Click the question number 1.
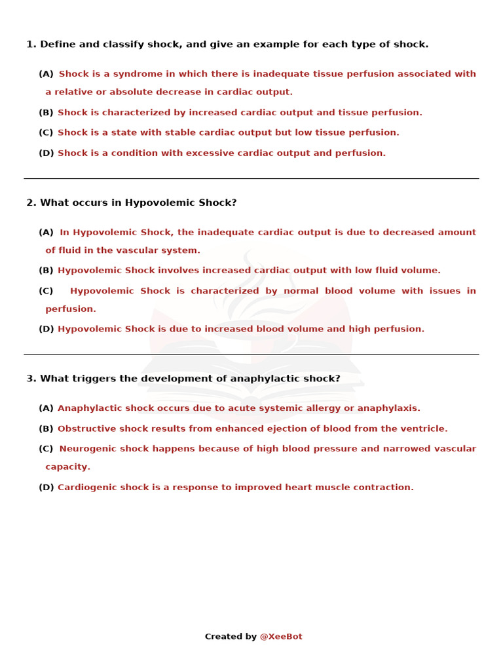coord(31,45)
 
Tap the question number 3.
coord(31,379)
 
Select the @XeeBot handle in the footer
coord(281,637)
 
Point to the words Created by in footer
coord(231,637)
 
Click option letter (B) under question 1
coord(46,113)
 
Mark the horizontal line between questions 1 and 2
coord(251,178)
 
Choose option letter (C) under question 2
coord(46,291)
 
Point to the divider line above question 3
coord(251,355)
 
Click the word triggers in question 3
coord(91,379)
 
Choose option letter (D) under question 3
coord(46,488)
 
